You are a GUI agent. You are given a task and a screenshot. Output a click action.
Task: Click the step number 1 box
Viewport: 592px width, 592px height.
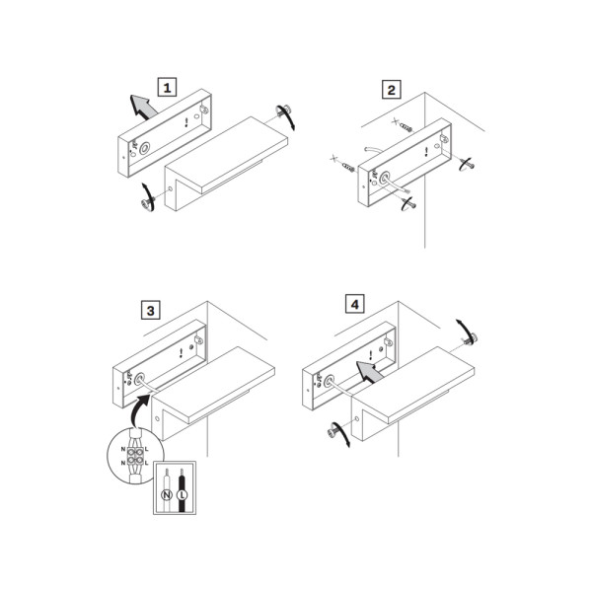click(167, 87)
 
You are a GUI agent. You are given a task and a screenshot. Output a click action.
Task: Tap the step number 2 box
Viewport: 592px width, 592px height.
click(391, 90)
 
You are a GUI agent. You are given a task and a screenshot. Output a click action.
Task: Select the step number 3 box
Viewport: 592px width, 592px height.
click(150, 310)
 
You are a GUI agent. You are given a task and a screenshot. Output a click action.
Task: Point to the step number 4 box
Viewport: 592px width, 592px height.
click(355, 304)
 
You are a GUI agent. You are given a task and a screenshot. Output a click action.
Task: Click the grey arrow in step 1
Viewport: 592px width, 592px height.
click(143, 107)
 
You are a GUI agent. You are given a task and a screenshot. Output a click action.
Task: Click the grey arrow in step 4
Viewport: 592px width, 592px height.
click(369, 372)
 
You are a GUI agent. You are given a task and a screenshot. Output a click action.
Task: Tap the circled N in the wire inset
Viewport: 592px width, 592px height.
click(167, 494)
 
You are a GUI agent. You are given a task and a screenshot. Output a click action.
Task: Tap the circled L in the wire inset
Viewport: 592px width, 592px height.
click(182, 494)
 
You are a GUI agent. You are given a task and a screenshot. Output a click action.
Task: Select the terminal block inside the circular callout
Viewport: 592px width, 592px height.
click(135, 456)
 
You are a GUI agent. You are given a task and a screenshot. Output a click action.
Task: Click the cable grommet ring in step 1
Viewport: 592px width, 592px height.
click(144, 148)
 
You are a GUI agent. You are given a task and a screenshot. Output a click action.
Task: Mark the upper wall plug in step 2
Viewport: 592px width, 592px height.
click(407, 127)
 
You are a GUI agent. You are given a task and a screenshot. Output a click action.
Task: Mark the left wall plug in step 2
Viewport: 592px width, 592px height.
click(348, 166)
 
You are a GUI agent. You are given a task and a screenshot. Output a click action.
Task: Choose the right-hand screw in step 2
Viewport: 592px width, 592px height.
click(468, 164)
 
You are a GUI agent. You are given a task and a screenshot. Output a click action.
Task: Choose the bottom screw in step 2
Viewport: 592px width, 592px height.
click(409, 203)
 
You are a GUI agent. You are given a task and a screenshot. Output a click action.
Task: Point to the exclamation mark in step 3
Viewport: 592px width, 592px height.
click(182, 353)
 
